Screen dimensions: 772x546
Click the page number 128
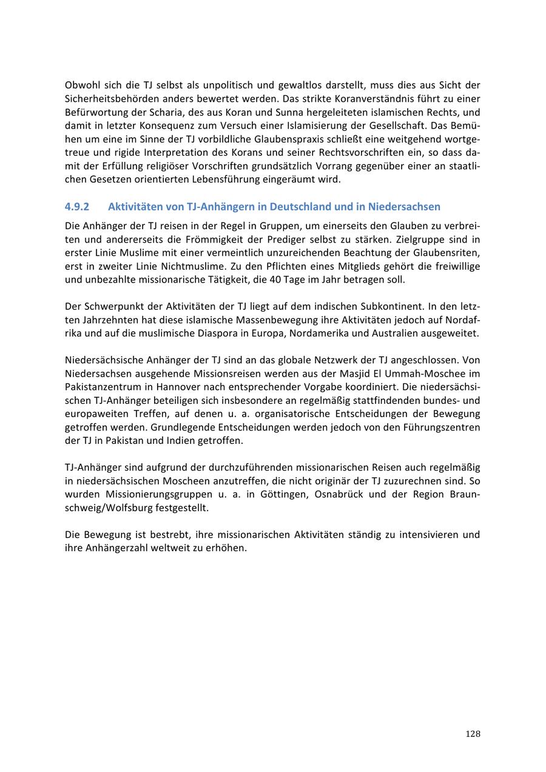pos(473,734)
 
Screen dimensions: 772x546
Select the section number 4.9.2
pos(76,207)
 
